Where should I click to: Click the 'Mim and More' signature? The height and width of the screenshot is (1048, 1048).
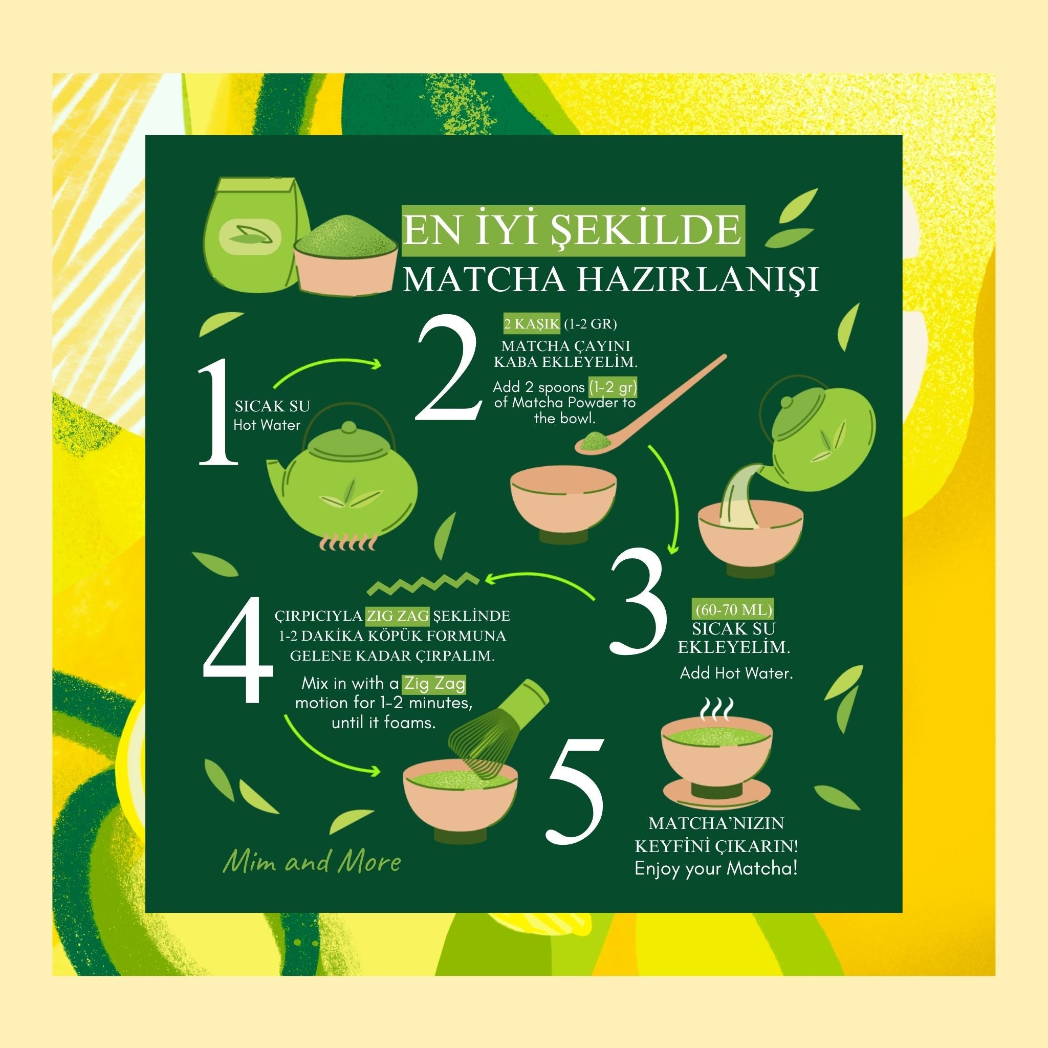312,862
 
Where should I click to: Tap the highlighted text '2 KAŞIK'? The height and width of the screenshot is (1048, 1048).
531,324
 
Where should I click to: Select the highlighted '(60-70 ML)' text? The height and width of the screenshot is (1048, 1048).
734,609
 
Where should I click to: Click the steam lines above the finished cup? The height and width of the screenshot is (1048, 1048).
717,708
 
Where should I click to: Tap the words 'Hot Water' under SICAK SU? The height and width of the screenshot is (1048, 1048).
267,425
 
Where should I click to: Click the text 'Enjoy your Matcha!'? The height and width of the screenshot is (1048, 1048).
716,868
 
